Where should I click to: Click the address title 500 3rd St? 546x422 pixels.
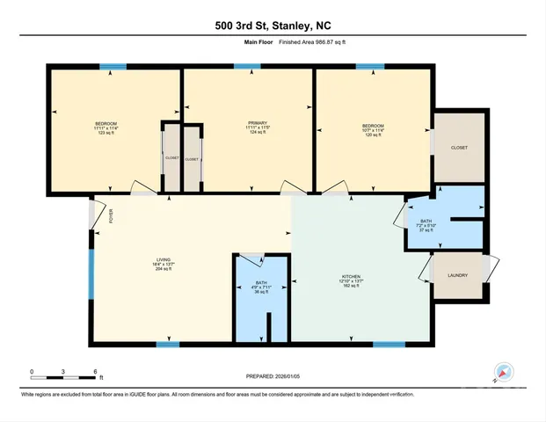pos(273,26)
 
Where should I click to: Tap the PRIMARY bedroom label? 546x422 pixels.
pos(247,124)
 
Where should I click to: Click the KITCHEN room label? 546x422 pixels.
pos(352,276)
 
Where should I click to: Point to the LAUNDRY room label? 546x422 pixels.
pos(457,275)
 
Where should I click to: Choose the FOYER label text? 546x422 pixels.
pos(112,215)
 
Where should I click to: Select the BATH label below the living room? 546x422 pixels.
pos(249,283)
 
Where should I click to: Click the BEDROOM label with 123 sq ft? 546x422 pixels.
pos(106,124)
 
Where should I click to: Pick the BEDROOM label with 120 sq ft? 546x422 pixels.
pos(373,127)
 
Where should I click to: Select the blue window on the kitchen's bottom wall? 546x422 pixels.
pos(382,344)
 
